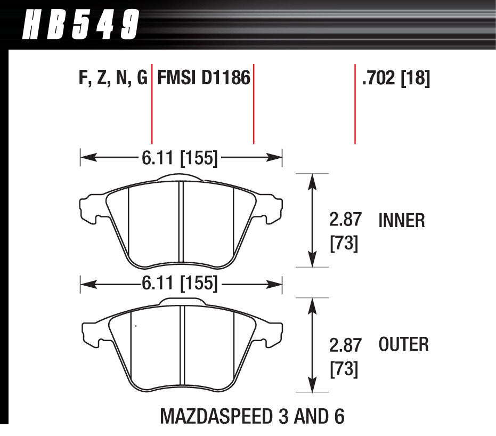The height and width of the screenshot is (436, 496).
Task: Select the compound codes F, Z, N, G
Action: [x=112, y=78]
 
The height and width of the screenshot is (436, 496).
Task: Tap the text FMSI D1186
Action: [x=203, y=78]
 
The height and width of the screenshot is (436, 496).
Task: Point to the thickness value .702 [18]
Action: [x=395, y=79]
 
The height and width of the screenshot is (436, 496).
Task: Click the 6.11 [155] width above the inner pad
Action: [x=180, y=158]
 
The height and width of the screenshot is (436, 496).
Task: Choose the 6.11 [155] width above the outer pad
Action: [x=180, y=284]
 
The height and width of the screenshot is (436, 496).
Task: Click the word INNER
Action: [x=401, y=220]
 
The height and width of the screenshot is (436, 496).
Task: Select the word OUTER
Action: [x=403, y=344]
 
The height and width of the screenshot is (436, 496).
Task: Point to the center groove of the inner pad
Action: [x=182, y=224]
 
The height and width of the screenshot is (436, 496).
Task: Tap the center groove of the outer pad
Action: [x=182, y=349]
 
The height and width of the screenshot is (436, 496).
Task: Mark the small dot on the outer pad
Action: [x=136, y=326]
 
